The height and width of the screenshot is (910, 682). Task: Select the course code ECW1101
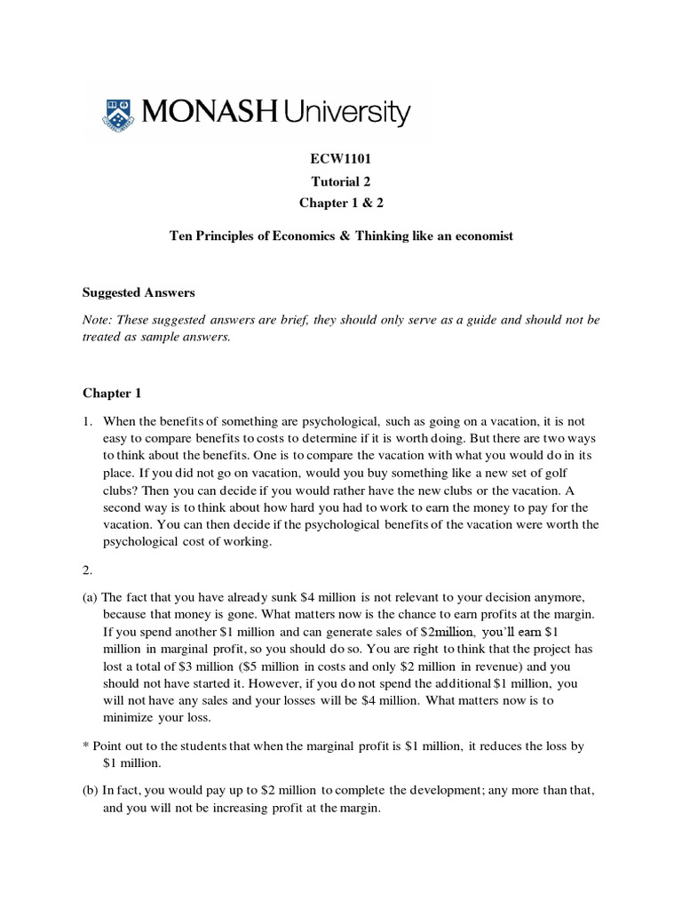pyautogui.click(x=341, y=159)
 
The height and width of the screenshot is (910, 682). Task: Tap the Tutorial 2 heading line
pyautogui.click(x=341, y=180)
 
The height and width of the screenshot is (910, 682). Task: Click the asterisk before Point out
pyautogui.click(x=86, y=746)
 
